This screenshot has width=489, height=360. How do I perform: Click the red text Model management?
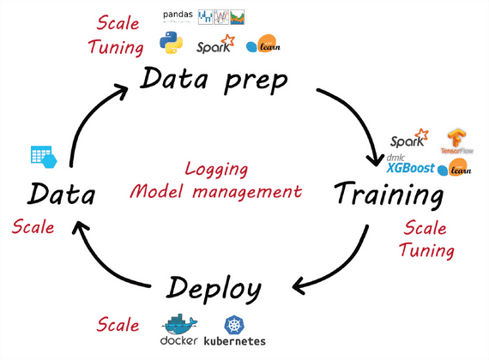(x=216, y=190)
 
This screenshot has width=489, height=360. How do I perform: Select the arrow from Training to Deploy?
(x=343, y=266)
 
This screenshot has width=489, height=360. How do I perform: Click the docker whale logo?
(x=178, y=326)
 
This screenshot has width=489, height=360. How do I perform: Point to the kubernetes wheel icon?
(x=234, y=323)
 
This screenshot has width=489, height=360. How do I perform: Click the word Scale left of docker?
(x=118, y=325)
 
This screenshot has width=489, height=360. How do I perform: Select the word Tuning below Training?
(x=426, y=250)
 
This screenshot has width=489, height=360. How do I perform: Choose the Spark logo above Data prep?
(x=215, y=44)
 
